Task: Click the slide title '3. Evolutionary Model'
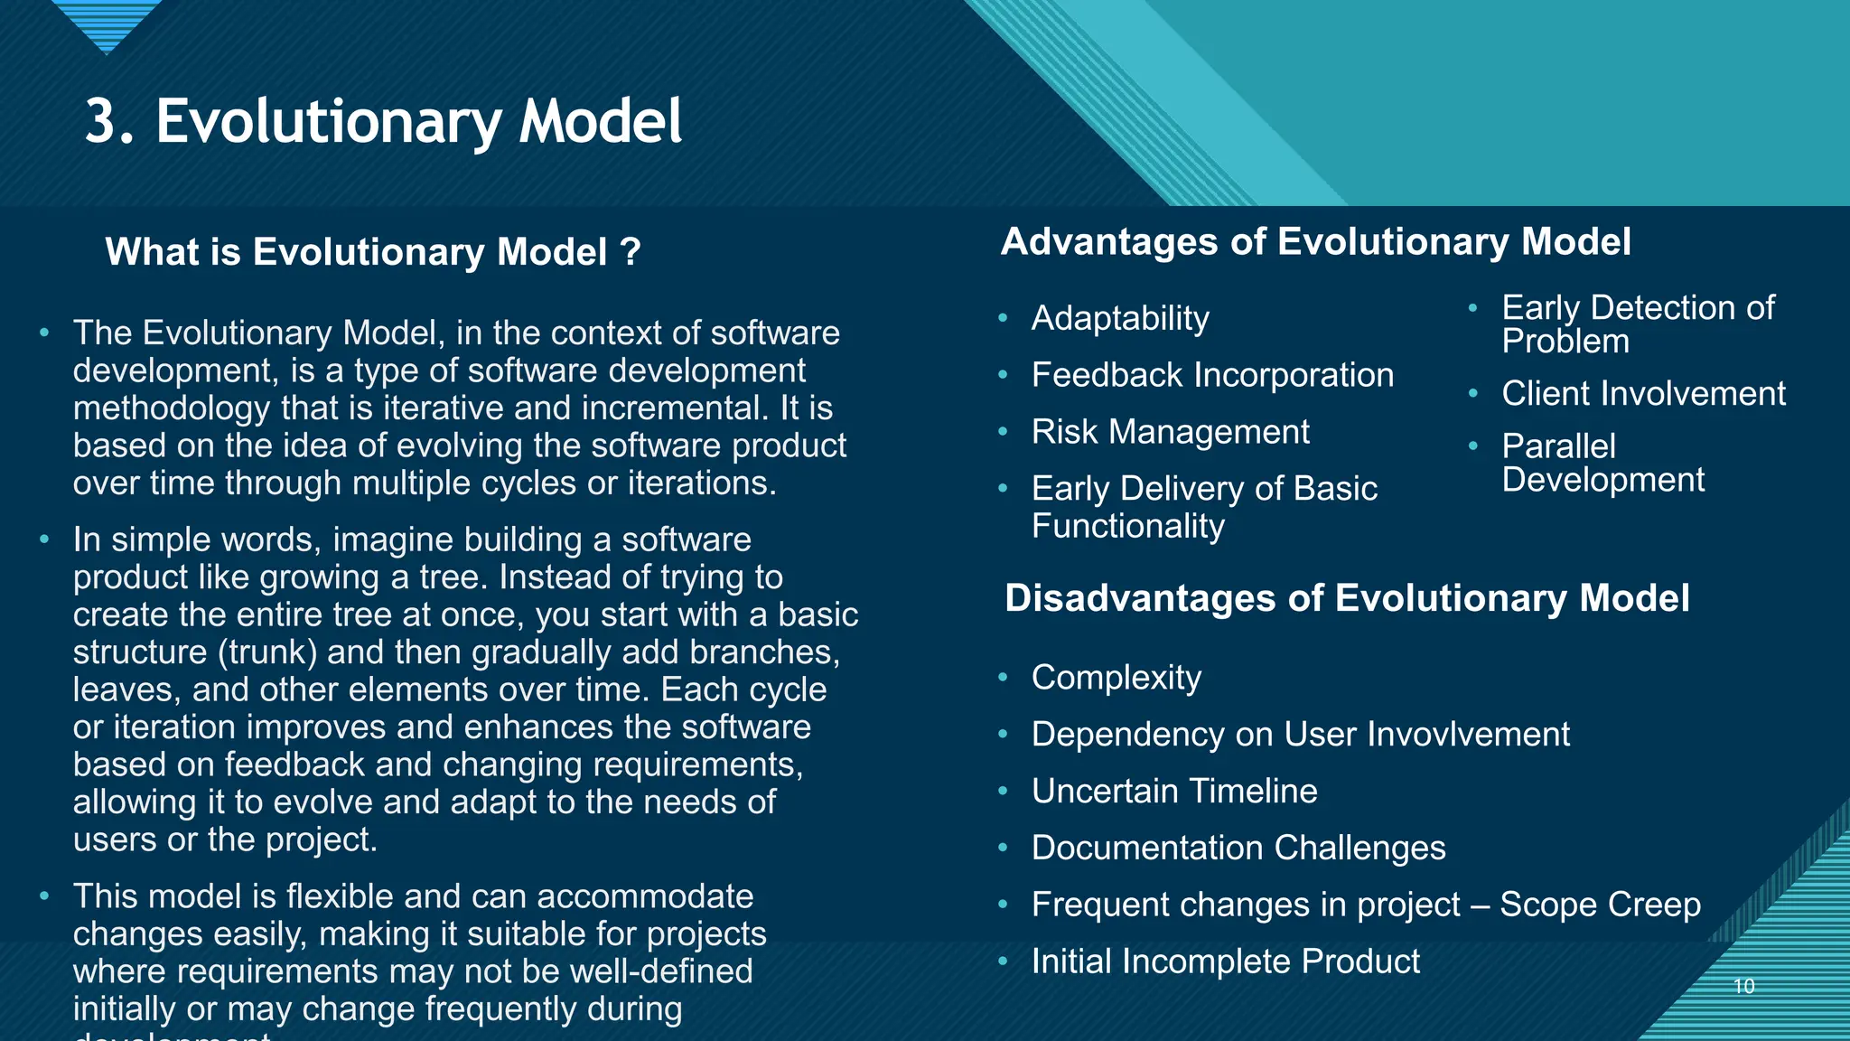(x=383, y=122)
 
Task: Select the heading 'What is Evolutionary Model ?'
(x=372, y=252)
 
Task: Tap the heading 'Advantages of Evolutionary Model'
(x=1315, y=242)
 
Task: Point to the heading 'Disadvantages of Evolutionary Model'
(x=1346, y=598)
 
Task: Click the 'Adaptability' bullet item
(x=1120, y=318)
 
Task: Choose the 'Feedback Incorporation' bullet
(x=1212, y=375)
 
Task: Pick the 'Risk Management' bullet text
(x=1170, y=432)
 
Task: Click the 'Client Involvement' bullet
(x=1643, y=394)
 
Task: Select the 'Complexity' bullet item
(x=1116, y=678)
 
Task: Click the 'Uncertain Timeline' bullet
(x=1174, y=792)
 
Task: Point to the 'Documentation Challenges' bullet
(x=1238, y=849)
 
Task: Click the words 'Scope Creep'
(x=1600, y=905)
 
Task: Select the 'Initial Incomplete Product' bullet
(x=1225, y=961)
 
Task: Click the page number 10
(x=1743, y=986)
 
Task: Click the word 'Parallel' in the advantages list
(x=1558, y=446)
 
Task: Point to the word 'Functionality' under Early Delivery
(x=1127, y=527)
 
